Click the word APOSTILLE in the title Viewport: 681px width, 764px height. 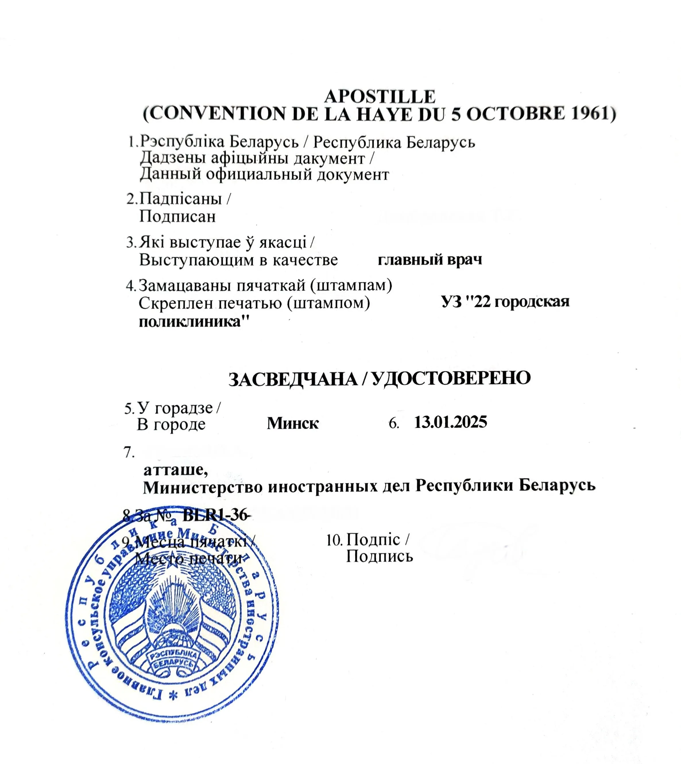(x=380, y=96)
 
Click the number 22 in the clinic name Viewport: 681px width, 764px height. (x=481, y=302)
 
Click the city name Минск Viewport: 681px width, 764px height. (x=293, y=423)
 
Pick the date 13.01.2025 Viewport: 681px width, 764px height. (x=450, y=422)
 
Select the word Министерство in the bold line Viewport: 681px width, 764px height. (x=202, y=486)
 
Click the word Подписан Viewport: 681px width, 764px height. (x=177, y=216)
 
